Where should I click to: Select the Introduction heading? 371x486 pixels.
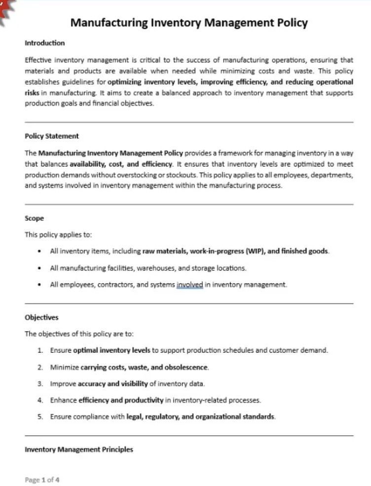44,43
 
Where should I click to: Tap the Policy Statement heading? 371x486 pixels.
52,136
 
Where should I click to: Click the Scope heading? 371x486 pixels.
34,218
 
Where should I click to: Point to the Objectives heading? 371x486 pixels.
41,318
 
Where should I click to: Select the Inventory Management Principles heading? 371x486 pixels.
79,449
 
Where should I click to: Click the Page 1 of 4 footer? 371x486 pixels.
42,479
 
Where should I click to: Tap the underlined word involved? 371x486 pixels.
190,285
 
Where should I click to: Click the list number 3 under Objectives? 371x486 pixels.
40,384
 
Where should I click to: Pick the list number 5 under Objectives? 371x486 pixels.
40,417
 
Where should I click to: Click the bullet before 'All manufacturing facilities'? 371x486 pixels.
39,268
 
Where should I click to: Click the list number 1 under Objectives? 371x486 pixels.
40,351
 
